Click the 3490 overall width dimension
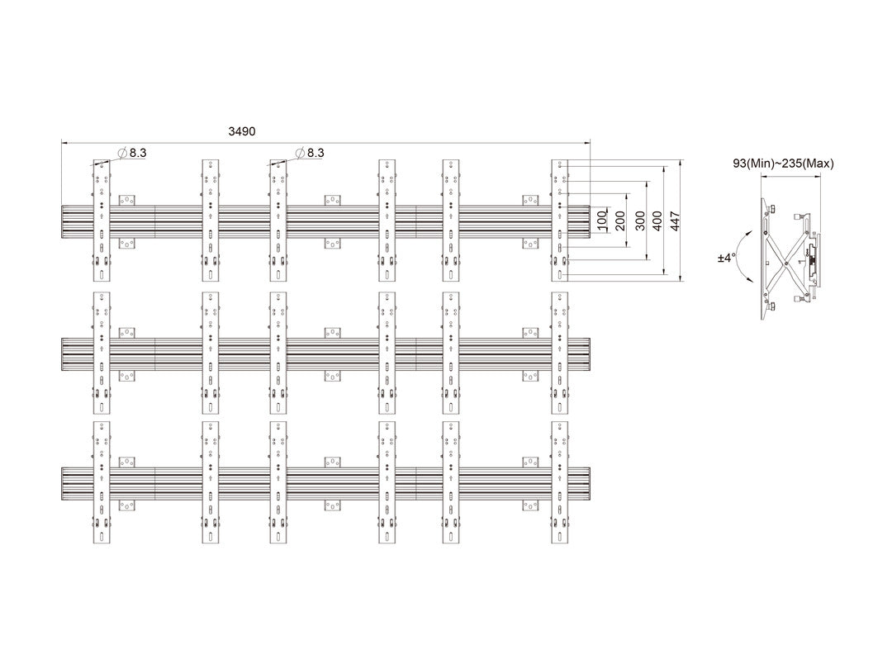tap(242, 131)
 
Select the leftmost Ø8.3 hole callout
tap(132, 153)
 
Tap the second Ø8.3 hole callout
tap(310, 153)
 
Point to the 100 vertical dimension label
tap(602, 221)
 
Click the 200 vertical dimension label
tap(620, 221)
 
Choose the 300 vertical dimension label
tap(640, 221)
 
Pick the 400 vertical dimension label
tap(657, 221)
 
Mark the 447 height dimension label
tap(676, 221)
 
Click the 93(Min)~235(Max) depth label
tap(783, 164)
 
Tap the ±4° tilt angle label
tap(725, 259)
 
